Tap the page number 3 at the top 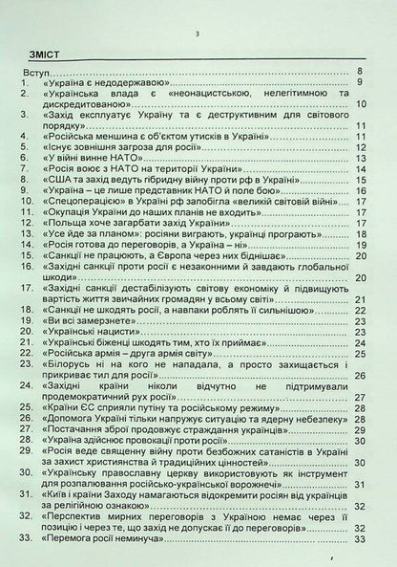click(x=197, y=33)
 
